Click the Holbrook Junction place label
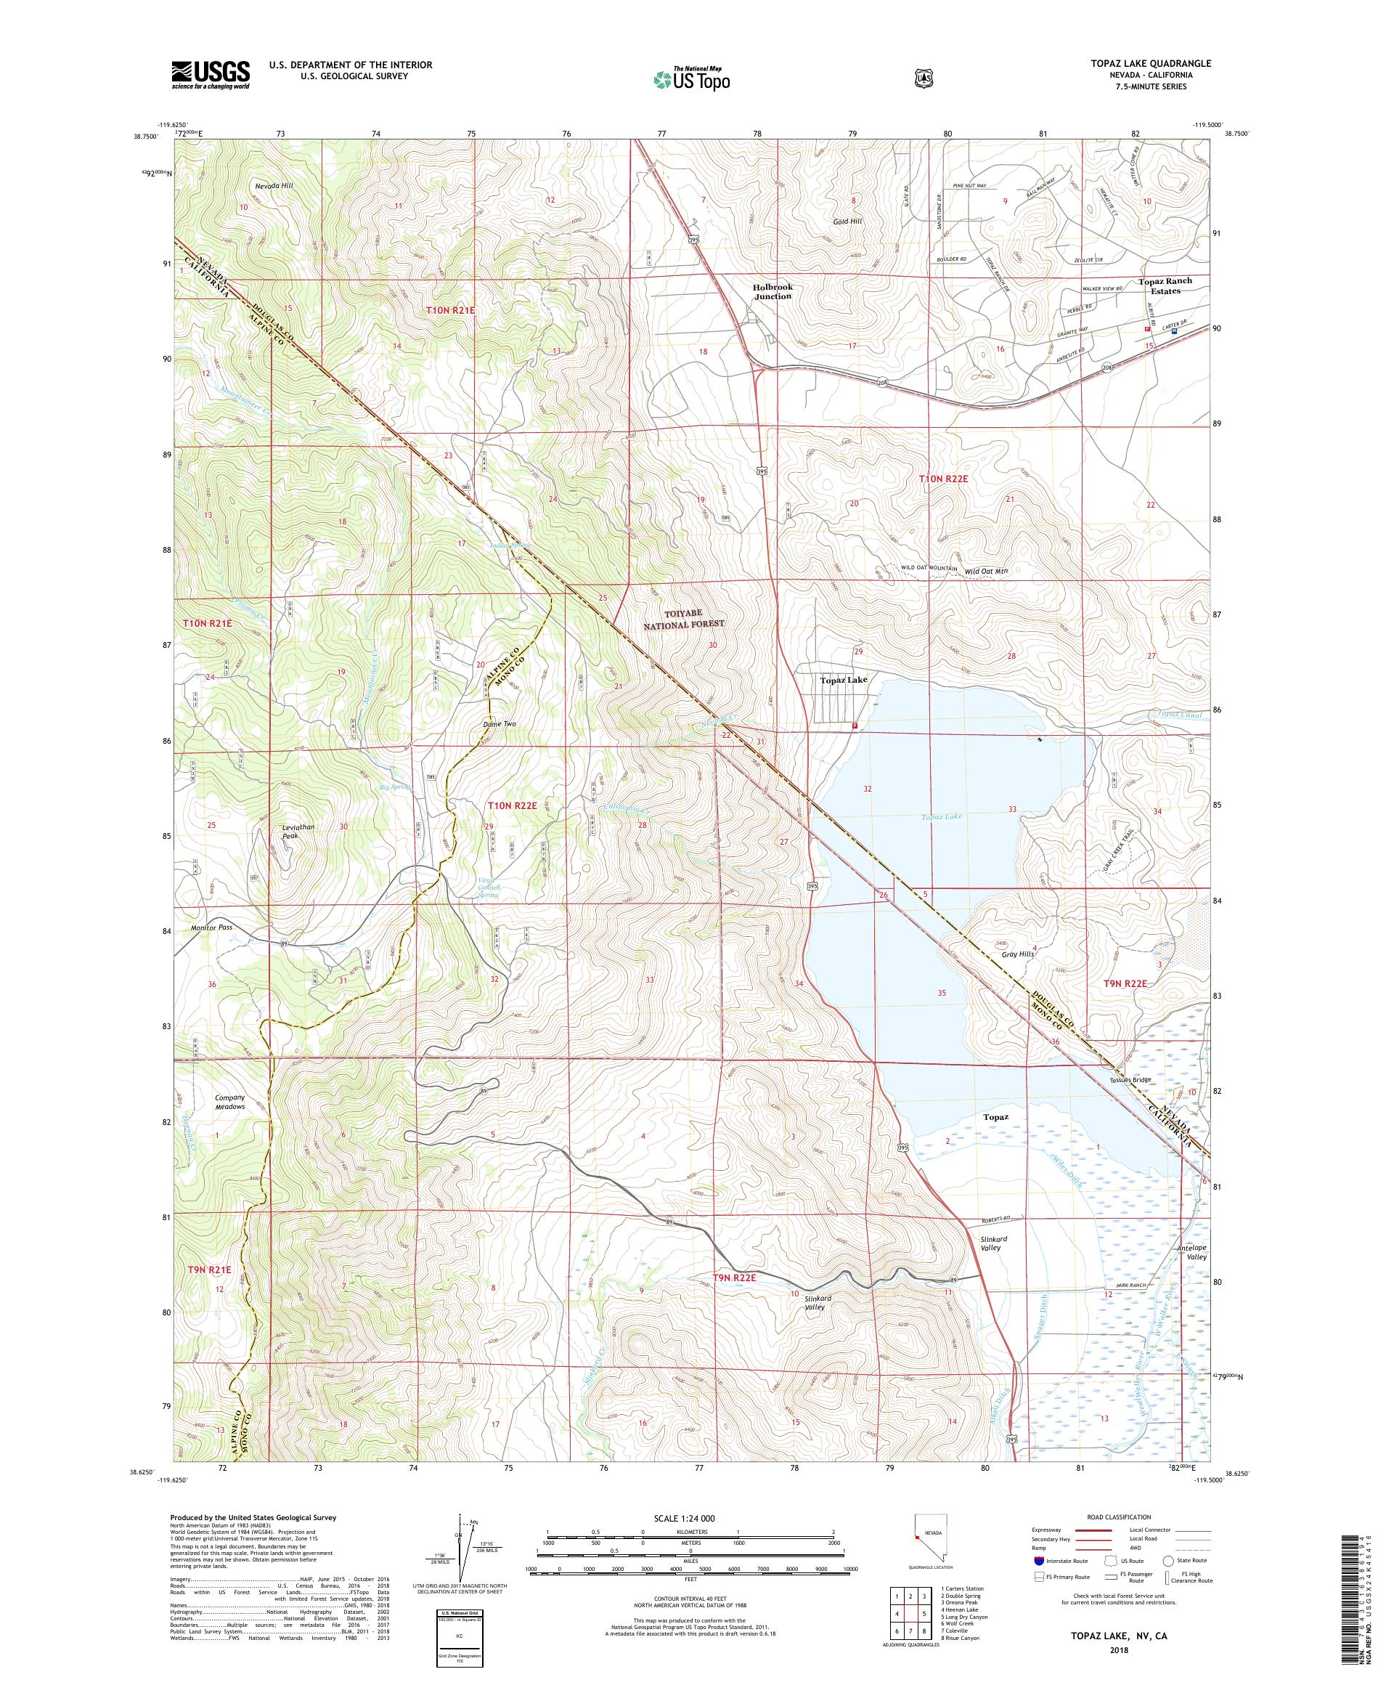772,291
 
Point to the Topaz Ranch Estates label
1165,285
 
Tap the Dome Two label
499,723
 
